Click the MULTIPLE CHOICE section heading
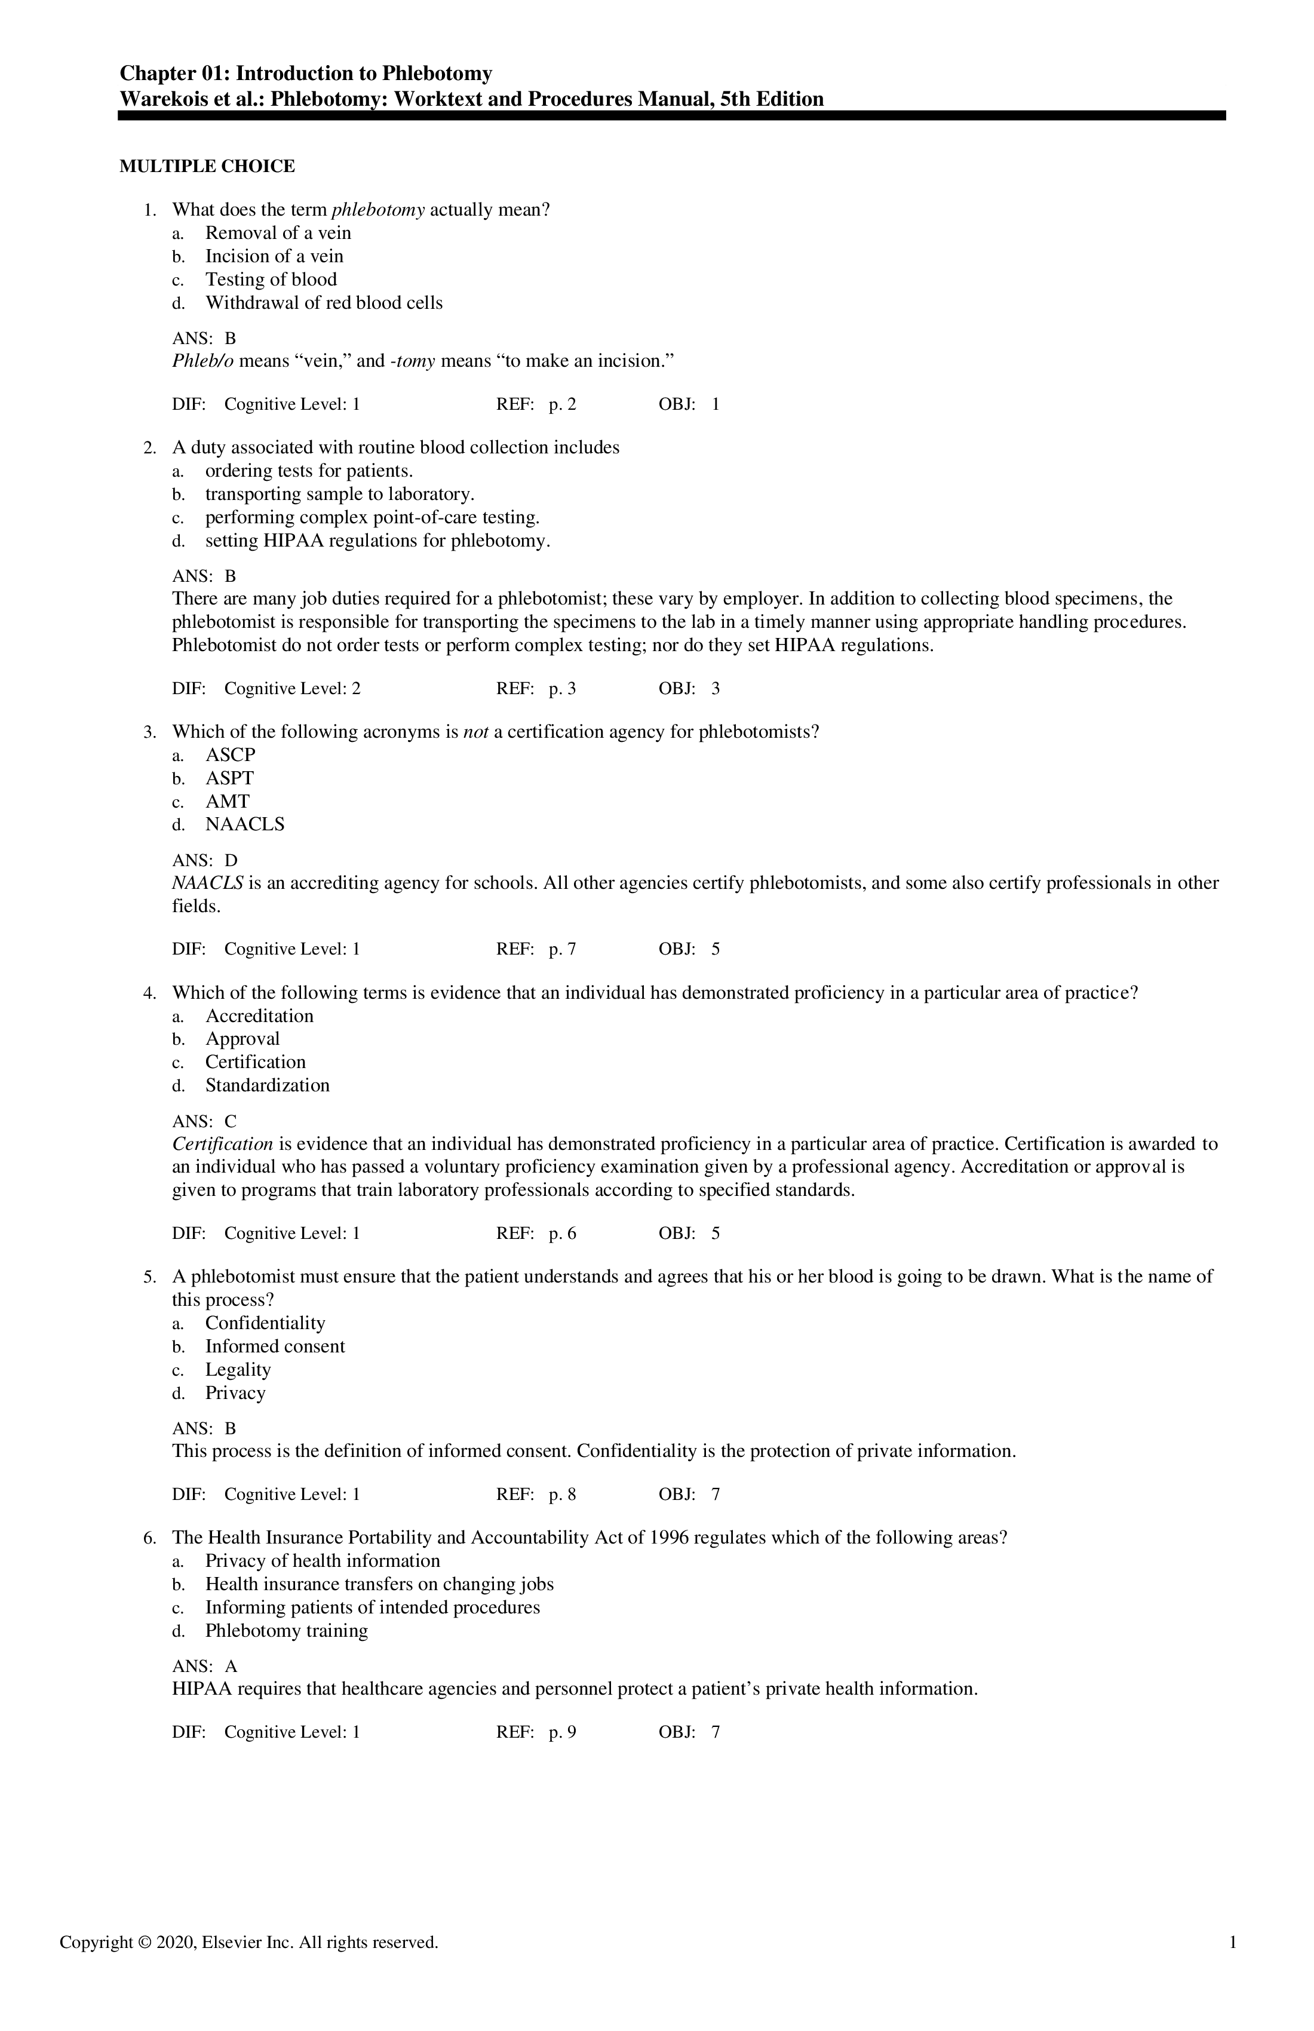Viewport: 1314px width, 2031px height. point(207,167)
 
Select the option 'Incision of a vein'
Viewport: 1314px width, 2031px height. point(274,256)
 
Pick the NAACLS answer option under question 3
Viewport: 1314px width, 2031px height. point(244,824)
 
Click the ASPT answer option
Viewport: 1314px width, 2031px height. point(229,778)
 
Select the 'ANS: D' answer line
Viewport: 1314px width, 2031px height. point(205,860)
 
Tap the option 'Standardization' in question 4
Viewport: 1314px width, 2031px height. point(266,1085)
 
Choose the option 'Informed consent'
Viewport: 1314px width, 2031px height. point(275,1346)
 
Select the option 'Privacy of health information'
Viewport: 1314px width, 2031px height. point(323,1561)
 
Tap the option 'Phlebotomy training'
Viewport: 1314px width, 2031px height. point(286,1631)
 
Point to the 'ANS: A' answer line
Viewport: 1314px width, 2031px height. point(205,1667)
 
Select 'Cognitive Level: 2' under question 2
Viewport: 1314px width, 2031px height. point(292,689)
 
